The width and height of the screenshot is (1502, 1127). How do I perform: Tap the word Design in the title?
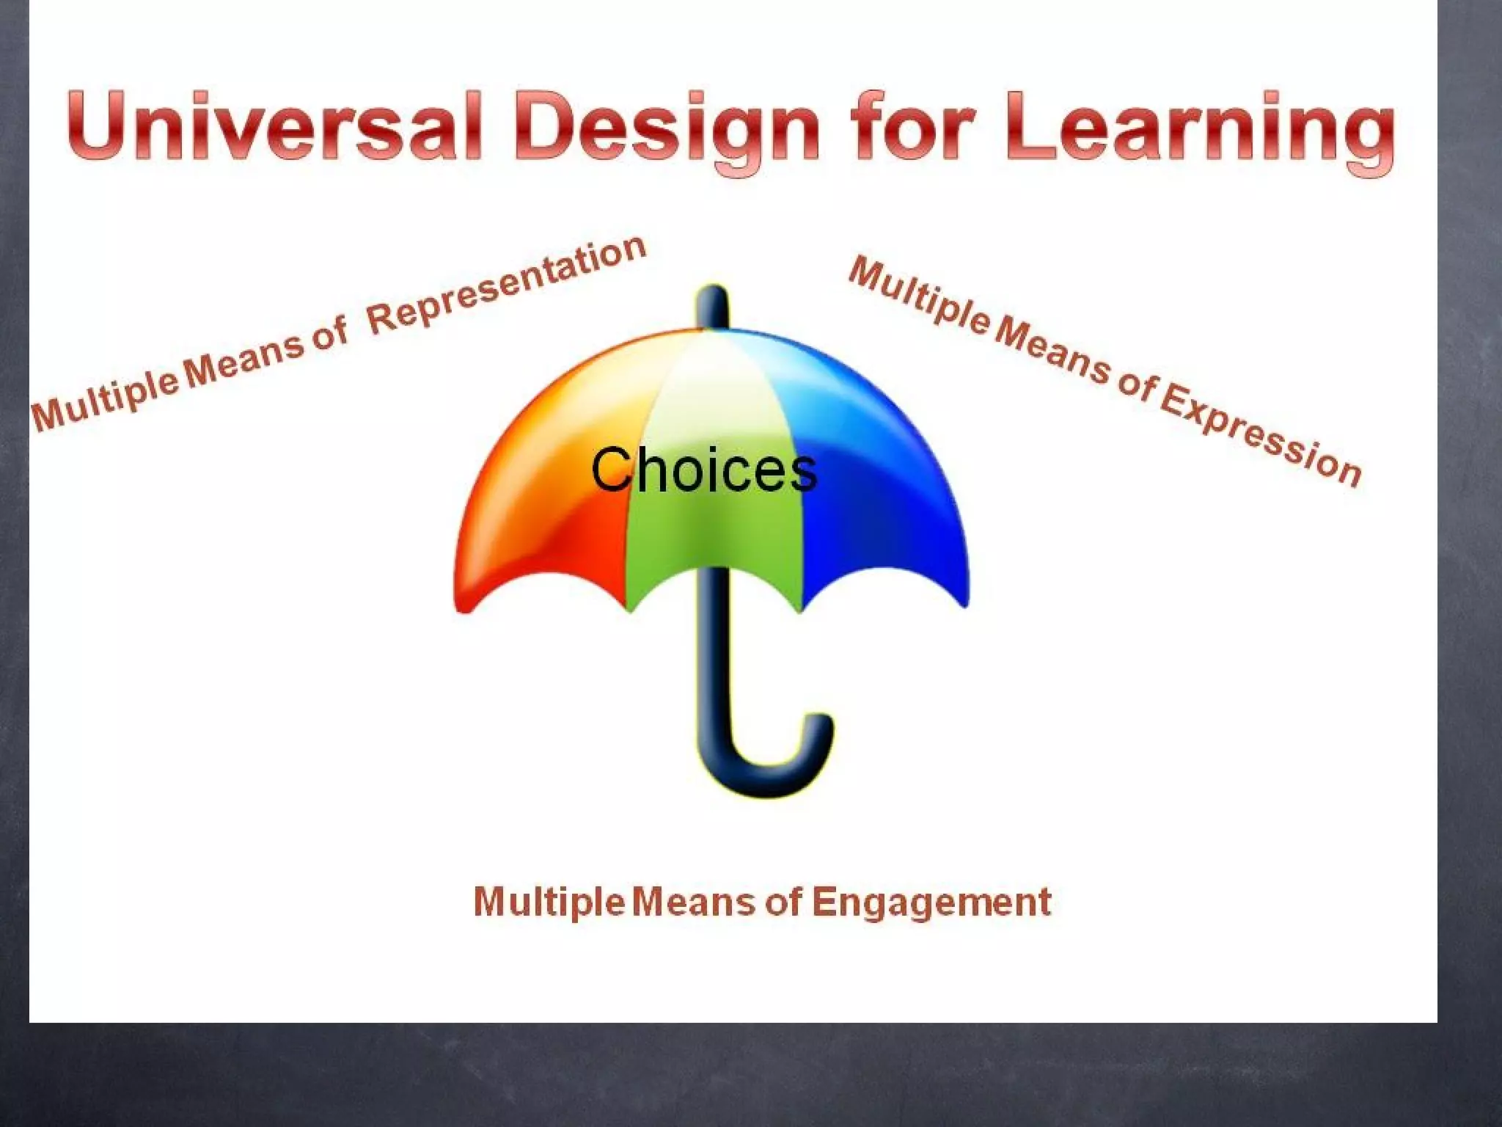coord(666,128)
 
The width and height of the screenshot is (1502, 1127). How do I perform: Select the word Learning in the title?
coord(1201,128)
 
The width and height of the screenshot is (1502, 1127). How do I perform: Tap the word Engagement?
coord(931,902)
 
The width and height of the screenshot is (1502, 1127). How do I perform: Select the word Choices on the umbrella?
coord(703,470)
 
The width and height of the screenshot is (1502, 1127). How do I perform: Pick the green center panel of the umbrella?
coord(711,536)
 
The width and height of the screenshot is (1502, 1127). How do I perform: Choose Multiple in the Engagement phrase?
coord(549,902)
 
